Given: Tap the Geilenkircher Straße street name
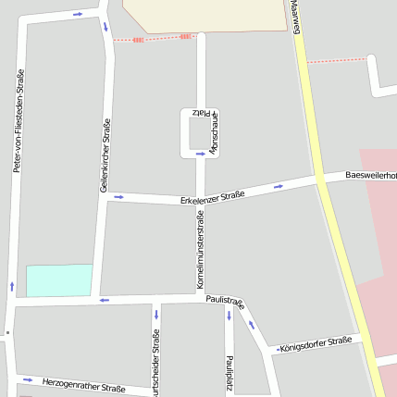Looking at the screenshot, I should pyautogui.click(x=105, y=155).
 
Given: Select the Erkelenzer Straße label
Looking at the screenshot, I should pyautogui.click(x=213, y=197).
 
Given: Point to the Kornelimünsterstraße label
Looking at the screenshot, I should pyautogui.click(x=200, y=249).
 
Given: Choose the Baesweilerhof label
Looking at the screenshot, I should pyautogui.click(x=370, y=174).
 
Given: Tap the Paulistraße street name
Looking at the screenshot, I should pyautogui.click(x=225, y=302).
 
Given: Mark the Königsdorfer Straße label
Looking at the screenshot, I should pyautogui.click(x=315, y=343).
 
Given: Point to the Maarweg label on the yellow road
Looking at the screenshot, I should pyautogui.click(x=296, y=19).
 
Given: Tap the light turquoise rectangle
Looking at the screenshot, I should pyautogui.click(x=59, y=280).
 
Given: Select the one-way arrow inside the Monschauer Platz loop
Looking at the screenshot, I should pyautogui.click(x=200, y=154).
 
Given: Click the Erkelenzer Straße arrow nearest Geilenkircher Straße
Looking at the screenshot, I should pyautogui.click(x=118, y=196).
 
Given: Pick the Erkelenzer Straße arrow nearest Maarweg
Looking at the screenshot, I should pyautogui.click(x=278, y=187).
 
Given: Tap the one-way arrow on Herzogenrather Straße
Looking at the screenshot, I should pyautogui.click(x=25, y=378).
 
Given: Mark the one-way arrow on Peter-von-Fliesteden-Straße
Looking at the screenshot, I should pyautogui.click(x=12, y=285).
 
